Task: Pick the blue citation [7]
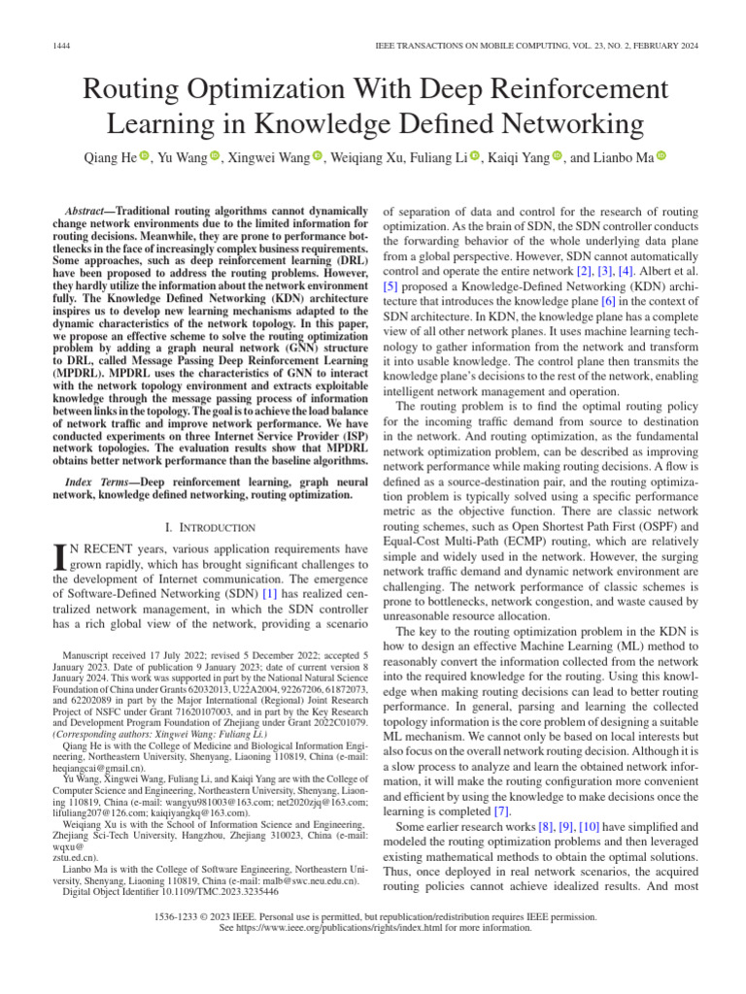click(501, 812)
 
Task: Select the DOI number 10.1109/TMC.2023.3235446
click(220, 891)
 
